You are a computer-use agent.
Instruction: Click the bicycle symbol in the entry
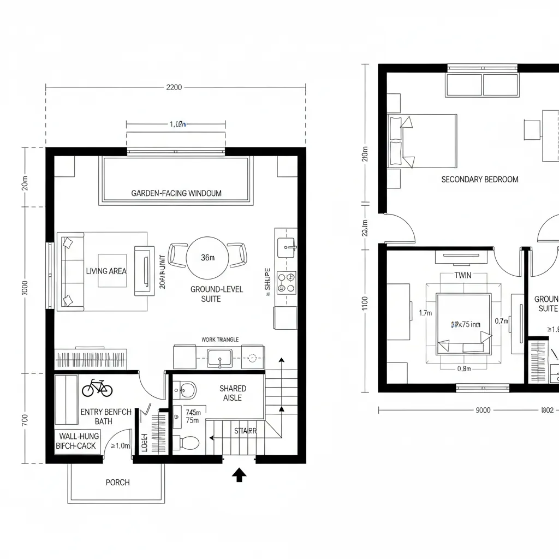97,388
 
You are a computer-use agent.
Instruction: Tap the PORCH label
117,483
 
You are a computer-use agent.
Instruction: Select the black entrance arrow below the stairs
239,475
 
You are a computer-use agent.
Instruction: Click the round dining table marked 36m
207,258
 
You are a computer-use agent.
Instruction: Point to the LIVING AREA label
106,271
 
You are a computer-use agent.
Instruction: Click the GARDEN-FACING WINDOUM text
176,193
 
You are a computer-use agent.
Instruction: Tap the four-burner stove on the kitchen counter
286,282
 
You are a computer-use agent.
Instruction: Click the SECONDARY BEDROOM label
480,180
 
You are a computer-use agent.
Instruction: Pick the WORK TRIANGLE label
220,340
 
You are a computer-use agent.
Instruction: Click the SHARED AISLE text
233,393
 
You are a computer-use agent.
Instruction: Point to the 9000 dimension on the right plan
483,410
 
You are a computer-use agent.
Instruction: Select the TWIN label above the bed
462,276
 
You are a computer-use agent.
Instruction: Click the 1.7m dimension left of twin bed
425,313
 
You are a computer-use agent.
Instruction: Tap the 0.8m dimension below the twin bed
464,368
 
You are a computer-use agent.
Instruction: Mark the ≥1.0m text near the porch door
120,446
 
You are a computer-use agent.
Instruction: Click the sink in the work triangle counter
219,359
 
